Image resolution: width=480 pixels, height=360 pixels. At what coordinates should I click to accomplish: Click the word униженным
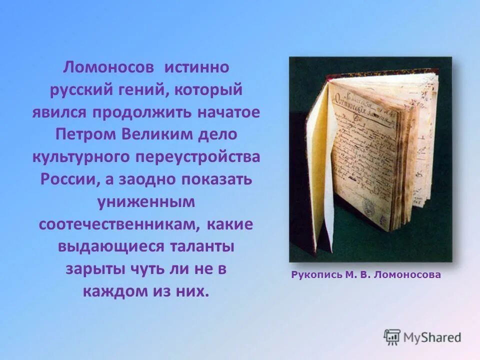coord(146,202)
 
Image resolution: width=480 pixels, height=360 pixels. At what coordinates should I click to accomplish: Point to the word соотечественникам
coord(117,225)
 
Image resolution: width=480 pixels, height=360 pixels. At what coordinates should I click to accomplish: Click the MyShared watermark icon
coord(392,337)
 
